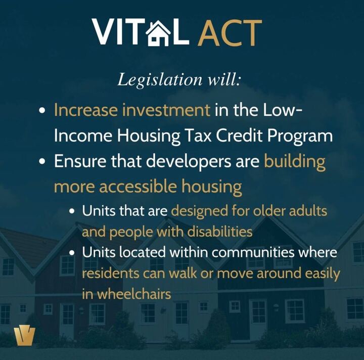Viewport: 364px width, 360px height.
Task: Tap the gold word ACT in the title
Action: [229, 32]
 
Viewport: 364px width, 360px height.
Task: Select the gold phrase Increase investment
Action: [132, 110]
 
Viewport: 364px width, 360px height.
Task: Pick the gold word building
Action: [295, 162]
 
